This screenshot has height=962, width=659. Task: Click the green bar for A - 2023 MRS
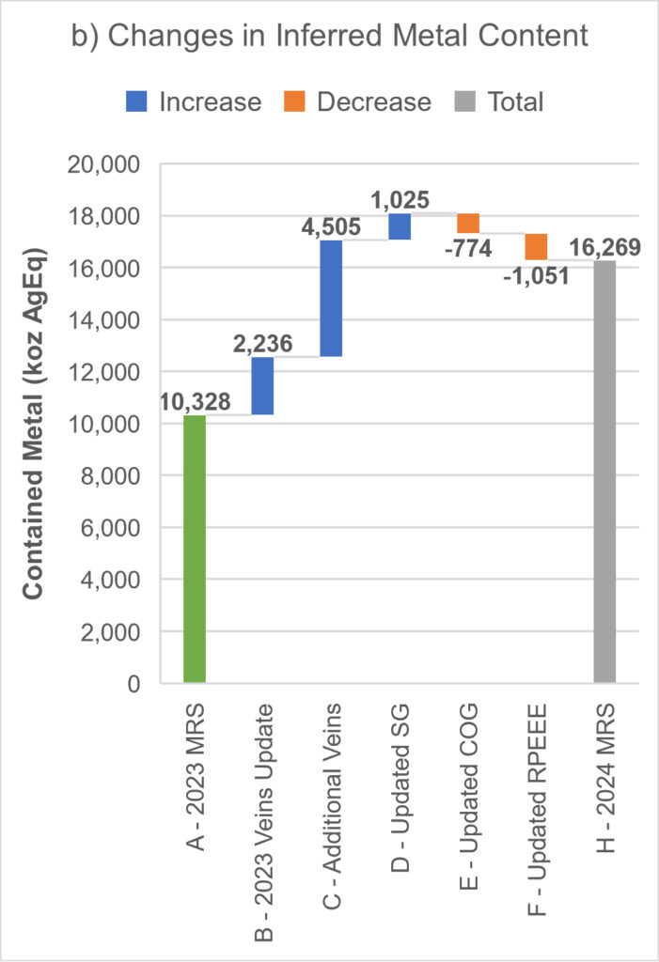coord(194,549)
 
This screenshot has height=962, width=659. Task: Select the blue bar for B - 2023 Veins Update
coord(262,385)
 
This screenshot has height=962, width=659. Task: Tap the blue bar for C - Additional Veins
coord(331,298)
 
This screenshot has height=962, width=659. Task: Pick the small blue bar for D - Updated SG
coord(400,226)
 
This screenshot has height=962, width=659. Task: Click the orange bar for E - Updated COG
coord(468,224)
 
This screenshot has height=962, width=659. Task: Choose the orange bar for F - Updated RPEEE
coord(536,246)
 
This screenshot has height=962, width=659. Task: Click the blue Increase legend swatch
coord(137,101)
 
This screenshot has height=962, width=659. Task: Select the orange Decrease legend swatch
coord(295,101)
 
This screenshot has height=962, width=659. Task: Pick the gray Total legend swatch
coord(466,101)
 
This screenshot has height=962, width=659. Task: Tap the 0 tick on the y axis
coord(133,685)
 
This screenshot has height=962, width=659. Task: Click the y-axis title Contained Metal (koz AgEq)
coord(35,423)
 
